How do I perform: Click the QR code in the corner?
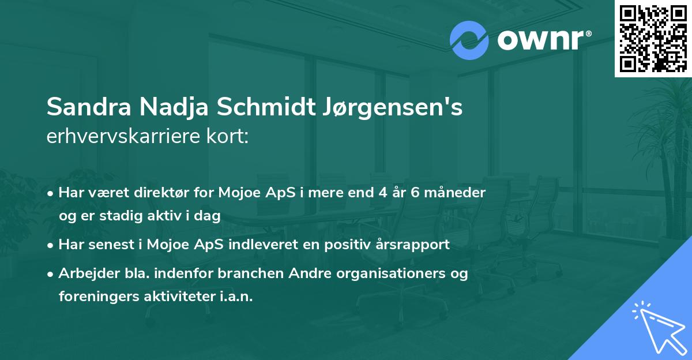pyautogui.click(x=653, y=38)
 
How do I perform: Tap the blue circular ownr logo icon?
pyautogui.click(x=469, y=40)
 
